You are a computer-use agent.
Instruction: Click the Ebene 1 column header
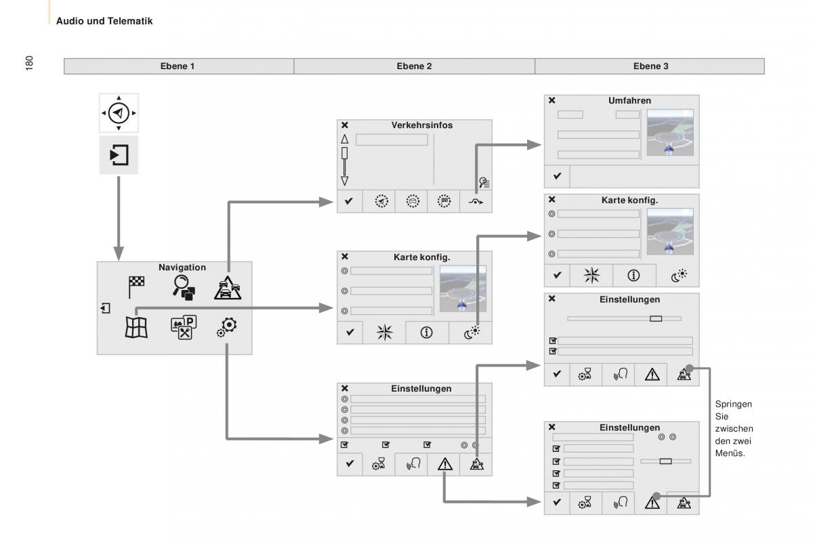[x=178, y=66]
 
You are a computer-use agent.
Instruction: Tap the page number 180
[x=29, y=63]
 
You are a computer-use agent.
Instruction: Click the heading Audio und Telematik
[x=104, y=21]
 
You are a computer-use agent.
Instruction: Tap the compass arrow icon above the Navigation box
[x=119, y=113]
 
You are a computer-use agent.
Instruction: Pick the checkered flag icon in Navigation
[x=136, y=287]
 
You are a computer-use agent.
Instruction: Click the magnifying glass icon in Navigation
[x=184, y=287]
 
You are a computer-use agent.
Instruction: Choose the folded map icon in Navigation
[x=136, y=327]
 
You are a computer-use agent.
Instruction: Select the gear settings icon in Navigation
[x=227, y=327]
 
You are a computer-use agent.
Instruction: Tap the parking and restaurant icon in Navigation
[x=184, y=327]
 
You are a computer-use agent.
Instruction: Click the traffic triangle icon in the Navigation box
[x=228, y=288]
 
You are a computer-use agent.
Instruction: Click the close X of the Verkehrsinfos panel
[x=345, y=125]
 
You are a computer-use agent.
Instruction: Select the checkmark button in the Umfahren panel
[x=557, y=176]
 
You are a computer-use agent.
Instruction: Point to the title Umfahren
[x=629, y=100]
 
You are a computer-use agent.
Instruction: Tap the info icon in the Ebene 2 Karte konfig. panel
[x=426, y=332]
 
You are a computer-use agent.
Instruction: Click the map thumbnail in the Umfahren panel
[x=670, y=133]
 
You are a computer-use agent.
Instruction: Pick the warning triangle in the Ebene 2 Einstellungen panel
[x=445, y=464]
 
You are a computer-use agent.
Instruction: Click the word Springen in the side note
[x=733, y=404]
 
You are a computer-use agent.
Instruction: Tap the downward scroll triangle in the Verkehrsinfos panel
[x=345, y=181]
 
